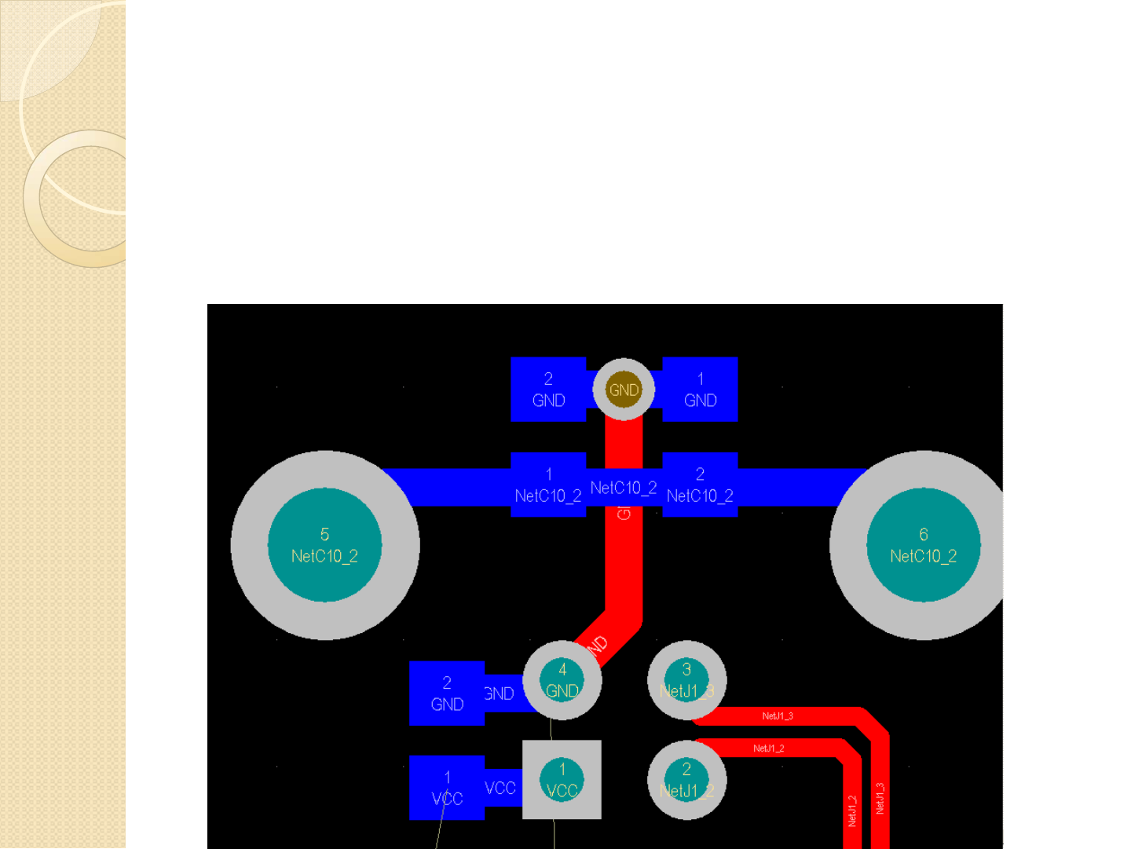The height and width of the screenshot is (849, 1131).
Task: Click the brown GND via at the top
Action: (x=624, y=390)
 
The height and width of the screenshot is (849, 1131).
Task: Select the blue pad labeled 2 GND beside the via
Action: (x=548, y=390)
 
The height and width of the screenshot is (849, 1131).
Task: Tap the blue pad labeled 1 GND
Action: (x=700, y=390)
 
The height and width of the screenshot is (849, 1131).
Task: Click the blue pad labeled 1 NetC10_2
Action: (x=548, y=485)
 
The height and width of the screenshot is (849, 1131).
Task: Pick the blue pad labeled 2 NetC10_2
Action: (x=700, y=485)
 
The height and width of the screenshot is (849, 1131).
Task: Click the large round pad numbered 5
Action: (x=324, y=545)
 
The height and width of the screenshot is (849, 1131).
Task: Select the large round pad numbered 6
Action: (x=923, y=545)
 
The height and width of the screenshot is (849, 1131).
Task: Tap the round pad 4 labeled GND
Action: (x=562, y=680)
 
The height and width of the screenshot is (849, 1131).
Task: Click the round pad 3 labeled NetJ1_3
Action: (x=686, y=680)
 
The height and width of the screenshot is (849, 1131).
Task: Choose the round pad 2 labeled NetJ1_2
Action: (x=686, y=780)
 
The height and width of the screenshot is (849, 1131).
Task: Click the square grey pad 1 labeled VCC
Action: (x=562, y=780)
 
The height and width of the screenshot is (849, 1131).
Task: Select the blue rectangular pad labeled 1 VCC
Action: (x=447, y=788)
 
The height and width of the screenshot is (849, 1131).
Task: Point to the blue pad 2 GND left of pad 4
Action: (x=447, y=693)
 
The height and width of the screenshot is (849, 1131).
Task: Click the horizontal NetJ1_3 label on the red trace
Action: (x=778, y=716)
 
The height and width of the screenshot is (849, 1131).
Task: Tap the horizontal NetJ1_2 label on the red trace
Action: (x=768, y=748)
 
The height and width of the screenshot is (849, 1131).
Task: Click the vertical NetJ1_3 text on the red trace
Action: (x=880, y=798)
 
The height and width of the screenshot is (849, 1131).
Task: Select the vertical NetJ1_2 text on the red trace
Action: (x=852, y=811)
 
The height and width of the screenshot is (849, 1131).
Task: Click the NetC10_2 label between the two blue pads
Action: (x=624, y=488)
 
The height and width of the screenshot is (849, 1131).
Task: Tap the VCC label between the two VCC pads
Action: (x=500, y=788)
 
